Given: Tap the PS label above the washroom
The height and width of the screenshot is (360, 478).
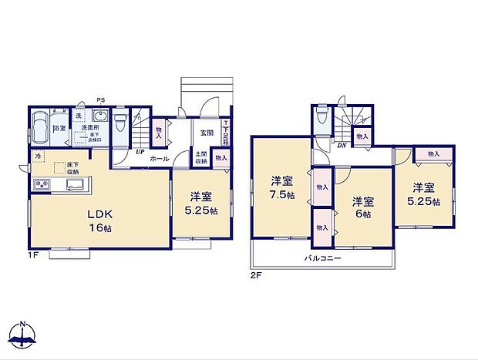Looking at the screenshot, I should [x=101, y=99].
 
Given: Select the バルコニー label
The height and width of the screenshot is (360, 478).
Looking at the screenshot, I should [x=321, y=257].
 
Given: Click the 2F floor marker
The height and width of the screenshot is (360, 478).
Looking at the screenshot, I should [x=254, y=274].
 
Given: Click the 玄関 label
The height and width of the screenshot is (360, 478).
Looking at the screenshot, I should [x=207, y=133].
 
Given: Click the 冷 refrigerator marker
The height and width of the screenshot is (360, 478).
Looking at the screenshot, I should [x=37, y=157].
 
